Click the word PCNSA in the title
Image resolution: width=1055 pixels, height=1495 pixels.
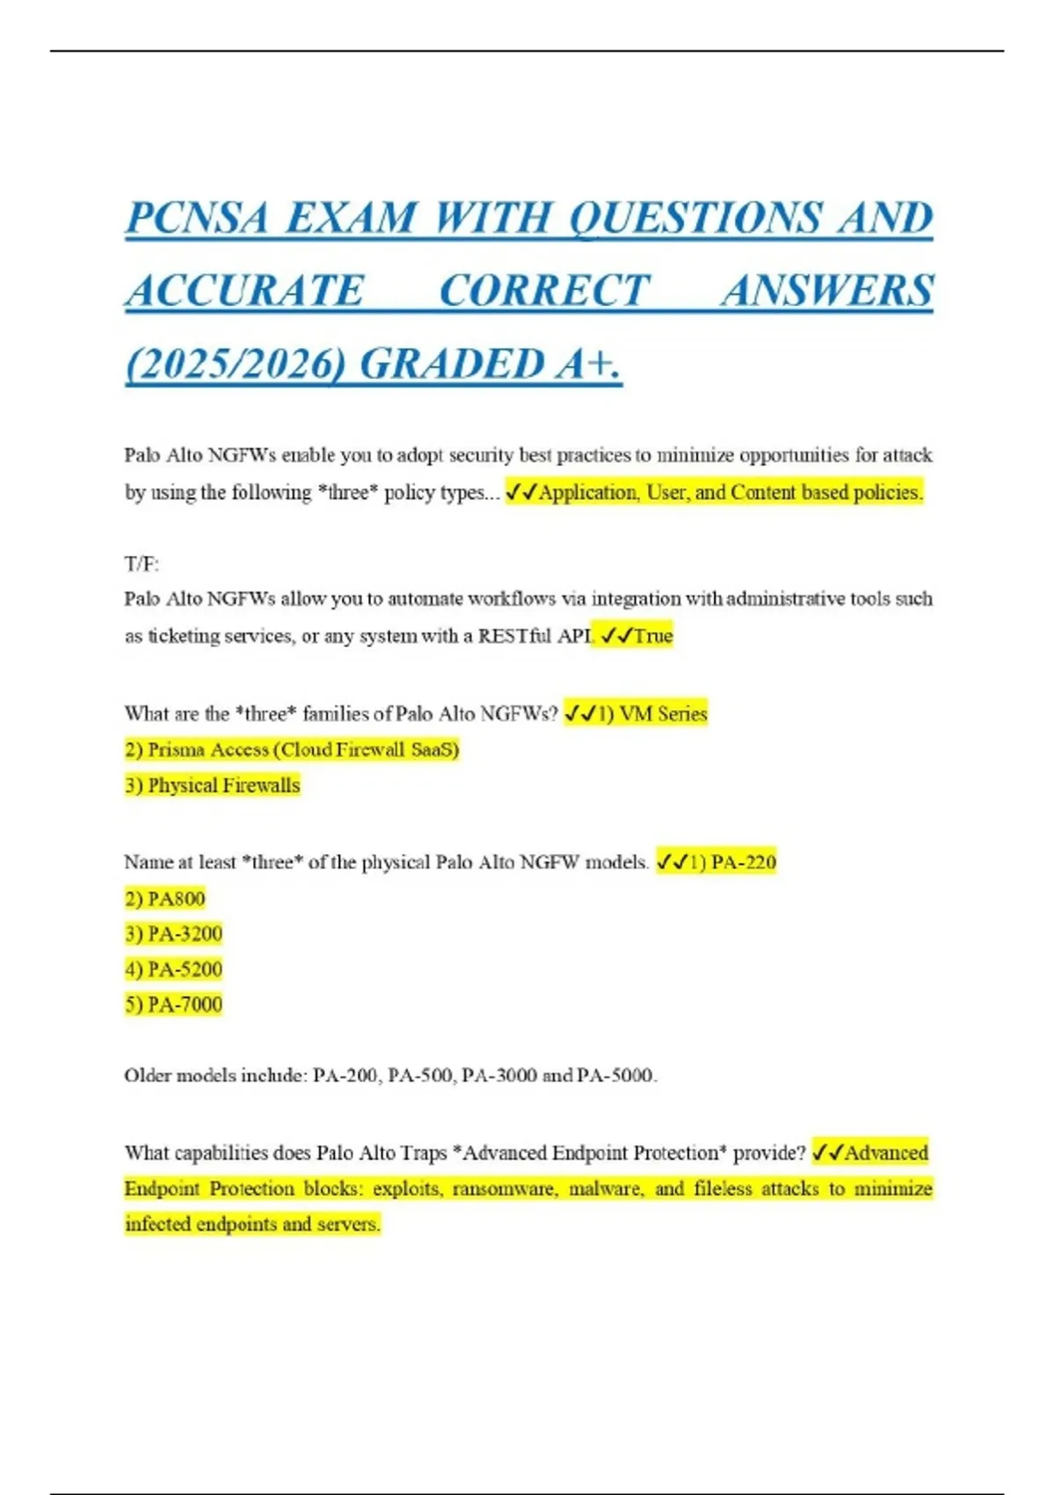point(197,218)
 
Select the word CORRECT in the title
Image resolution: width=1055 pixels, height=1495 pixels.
point(544,291)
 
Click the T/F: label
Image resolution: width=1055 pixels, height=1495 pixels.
point(142,564)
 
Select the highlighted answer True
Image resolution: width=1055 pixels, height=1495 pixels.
point(653,636)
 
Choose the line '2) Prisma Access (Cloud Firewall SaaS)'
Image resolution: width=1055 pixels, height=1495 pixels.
point(292,749)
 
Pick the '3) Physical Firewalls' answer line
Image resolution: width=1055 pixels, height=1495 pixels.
point(212,785)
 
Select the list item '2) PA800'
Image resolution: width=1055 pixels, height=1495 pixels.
point(164,899)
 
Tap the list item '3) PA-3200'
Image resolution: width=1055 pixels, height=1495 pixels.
point(173,934)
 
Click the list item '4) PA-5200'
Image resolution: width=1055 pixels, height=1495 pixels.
point(173,969)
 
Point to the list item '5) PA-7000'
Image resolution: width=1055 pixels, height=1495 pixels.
point(173,1004)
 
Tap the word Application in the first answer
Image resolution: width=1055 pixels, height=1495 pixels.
point(588,492)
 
